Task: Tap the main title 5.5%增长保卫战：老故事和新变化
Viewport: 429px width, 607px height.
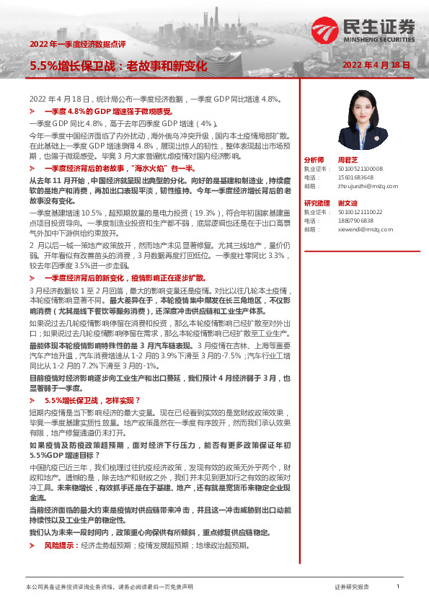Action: (x=118, y=66)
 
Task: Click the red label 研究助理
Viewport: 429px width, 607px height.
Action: (x=317, y=203)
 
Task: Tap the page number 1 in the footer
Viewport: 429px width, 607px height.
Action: (x=399, y=587)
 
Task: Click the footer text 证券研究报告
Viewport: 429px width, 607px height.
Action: (x=352, y=588)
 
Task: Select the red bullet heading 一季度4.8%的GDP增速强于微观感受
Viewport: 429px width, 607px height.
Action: (x=109, y=112)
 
